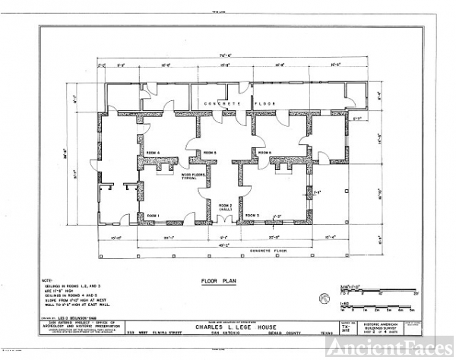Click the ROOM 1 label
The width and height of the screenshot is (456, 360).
(x=154, y=215)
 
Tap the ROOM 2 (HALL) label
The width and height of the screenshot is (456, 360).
(x=225, y=207)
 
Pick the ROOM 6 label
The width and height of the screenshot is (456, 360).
(x=264, y=153)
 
